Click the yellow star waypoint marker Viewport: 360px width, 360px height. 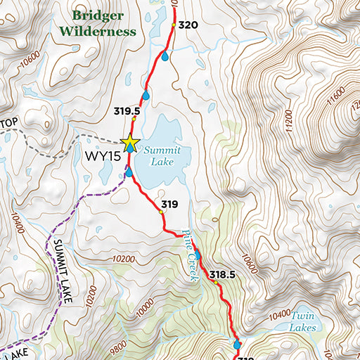coord(130,143)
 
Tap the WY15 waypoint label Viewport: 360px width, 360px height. coord(104,155)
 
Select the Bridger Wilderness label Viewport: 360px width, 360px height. coord(97,23)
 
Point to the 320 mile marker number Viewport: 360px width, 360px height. coord(188,25)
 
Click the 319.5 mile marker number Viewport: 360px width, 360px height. coord(127,111)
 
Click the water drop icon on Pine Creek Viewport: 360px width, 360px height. coord(198,255)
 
